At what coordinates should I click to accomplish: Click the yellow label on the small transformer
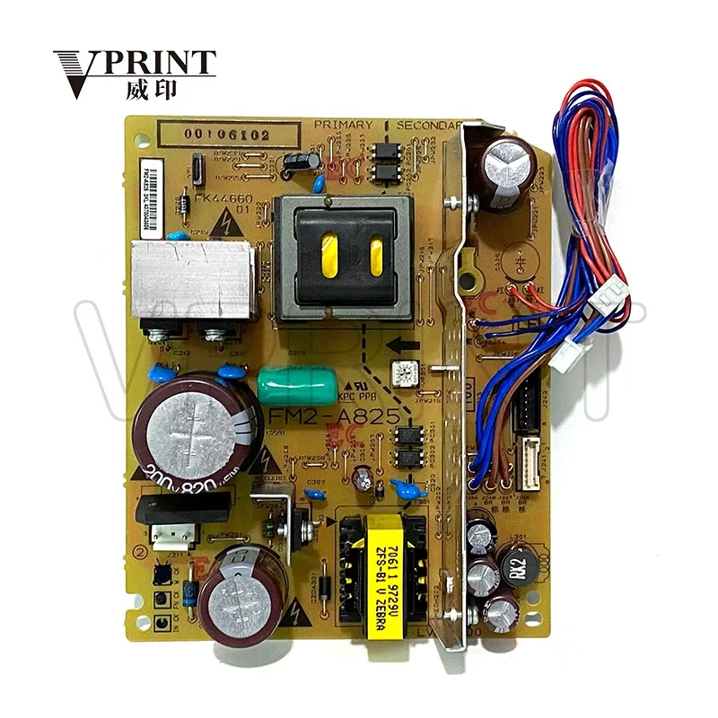tap(371, 578)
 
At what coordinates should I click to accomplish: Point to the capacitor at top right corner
tap(508, 166)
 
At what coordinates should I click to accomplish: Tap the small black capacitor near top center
tap(300, 162)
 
